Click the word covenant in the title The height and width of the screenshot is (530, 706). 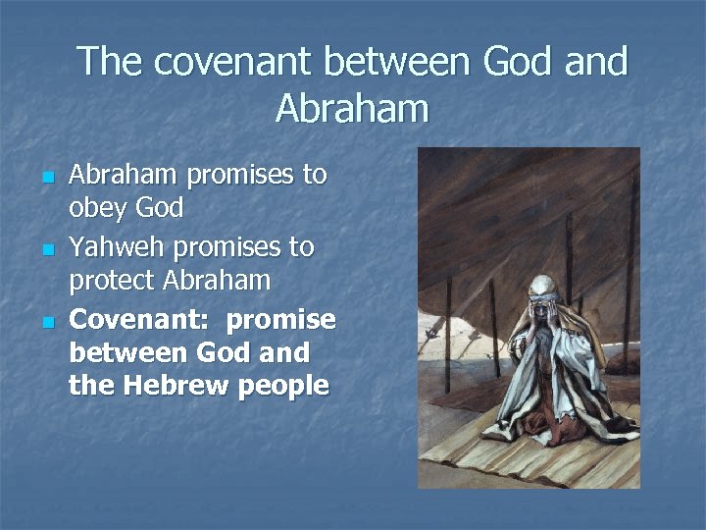228,62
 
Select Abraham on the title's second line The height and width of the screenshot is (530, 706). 352,108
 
